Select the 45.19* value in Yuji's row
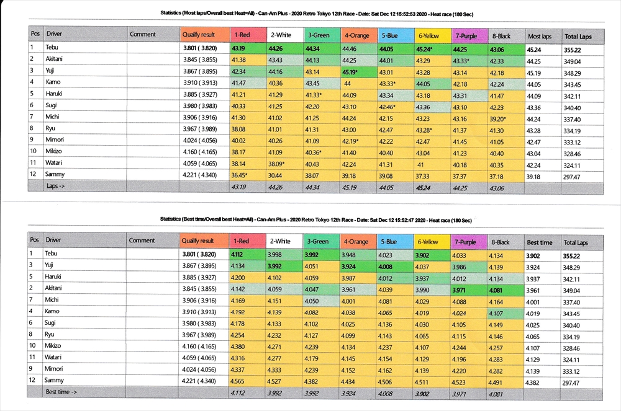(352, 71)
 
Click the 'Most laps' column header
(539, 37)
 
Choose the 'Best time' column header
(539, 242)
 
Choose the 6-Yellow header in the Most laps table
(428, 36)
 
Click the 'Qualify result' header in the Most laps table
(198, 35)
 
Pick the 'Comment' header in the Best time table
(142, 241)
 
